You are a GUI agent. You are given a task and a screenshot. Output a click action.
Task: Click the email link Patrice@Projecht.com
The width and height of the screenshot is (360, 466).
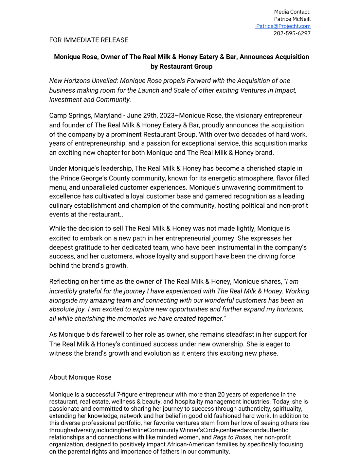(x=283, y=26)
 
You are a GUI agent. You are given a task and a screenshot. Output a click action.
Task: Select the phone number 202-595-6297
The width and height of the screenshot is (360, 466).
(x=292, y=33)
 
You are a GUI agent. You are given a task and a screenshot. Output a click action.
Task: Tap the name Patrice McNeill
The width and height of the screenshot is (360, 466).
(x=292, y=19)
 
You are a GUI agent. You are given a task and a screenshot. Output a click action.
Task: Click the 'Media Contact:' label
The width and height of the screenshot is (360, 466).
(x=292, y=12)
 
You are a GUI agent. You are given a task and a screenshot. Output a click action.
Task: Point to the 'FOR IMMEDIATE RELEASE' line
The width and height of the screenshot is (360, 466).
(x=89, y=40)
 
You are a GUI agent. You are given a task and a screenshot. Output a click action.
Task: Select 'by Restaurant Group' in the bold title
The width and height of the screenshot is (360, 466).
(x=181, y=66)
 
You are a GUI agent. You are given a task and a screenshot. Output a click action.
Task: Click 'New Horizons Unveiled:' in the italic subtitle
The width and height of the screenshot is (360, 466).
(x=84, y=81)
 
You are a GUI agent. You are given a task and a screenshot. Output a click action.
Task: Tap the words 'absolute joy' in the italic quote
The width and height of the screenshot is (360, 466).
(x=67, y=309)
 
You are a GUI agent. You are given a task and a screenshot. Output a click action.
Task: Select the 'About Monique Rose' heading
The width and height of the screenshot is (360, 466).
(x=80, y=377)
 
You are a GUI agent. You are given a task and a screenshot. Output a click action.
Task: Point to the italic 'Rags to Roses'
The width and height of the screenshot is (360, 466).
(x=232, y=437)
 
